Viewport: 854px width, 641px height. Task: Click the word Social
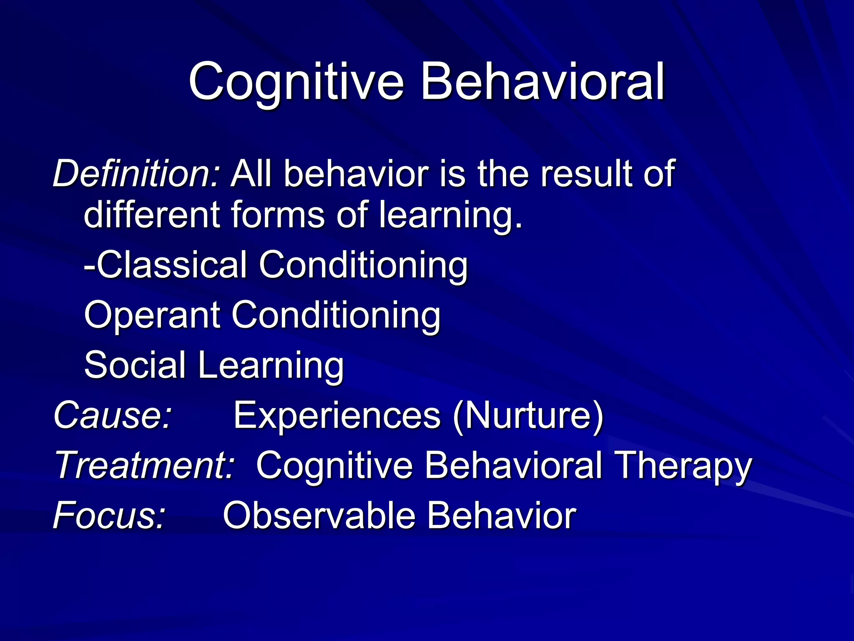click(x=135, y=365)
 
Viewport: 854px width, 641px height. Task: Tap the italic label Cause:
click(x=113, y=415)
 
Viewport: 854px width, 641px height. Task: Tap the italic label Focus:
click(x=110, y=516)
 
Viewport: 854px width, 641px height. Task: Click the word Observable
click(x=319, y=516)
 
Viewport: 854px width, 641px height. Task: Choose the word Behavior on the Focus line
click(x=500, y=516)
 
